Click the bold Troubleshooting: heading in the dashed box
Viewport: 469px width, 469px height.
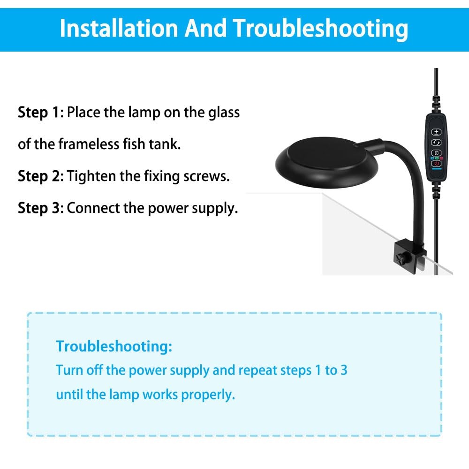pyautogui.click(x=114, y=347)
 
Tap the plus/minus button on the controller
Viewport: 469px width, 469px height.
pyautogui.click(x=436, y=132)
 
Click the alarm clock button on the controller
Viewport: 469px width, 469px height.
pyautogui.click(x=436, y=153)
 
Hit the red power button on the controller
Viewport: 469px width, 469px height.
pyautogui.click(x=436, y=164)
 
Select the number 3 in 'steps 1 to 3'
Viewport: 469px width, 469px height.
pyautogui.click(x=344, y=371)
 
